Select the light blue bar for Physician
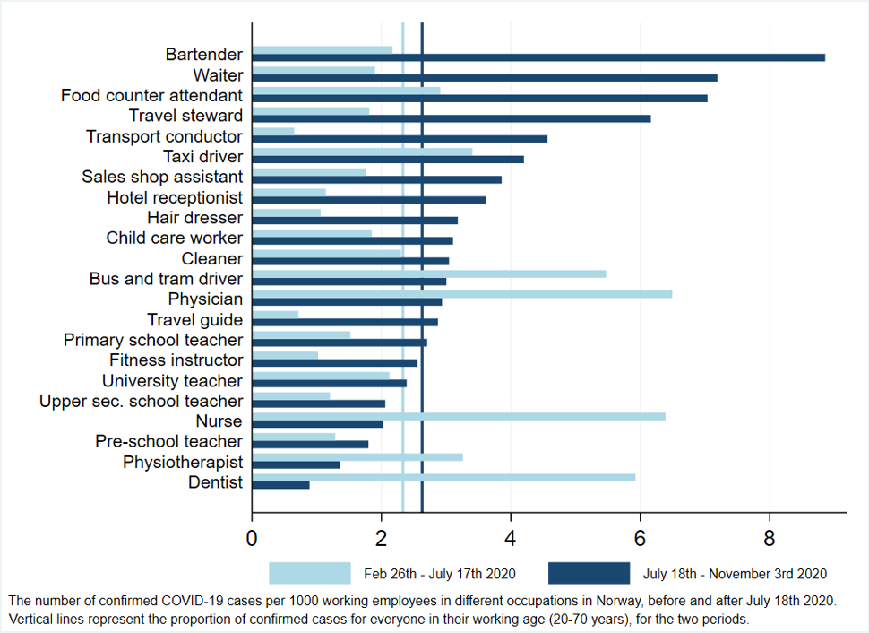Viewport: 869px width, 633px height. [461, 293]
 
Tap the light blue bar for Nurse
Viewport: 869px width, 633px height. [458, 416]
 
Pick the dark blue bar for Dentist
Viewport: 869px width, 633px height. [280, 485]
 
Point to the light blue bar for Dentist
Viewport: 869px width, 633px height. [443, 477]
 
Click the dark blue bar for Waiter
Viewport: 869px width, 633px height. [484, 78]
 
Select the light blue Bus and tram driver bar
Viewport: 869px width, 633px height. [428, 273]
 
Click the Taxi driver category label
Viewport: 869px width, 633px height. [202, 157]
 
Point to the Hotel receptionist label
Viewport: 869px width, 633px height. [175, 197]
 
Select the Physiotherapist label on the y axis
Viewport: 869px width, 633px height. [183, 463]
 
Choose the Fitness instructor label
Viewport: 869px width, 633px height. [176, 360]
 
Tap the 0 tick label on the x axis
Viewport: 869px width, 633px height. [252, 541]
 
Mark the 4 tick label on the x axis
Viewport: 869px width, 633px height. [511, 541]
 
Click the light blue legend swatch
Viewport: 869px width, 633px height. [310, 574]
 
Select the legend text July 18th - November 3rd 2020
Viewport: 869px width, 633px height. [735, 574]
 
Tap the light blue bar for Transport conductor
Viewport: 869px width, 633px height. [272, 132]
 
